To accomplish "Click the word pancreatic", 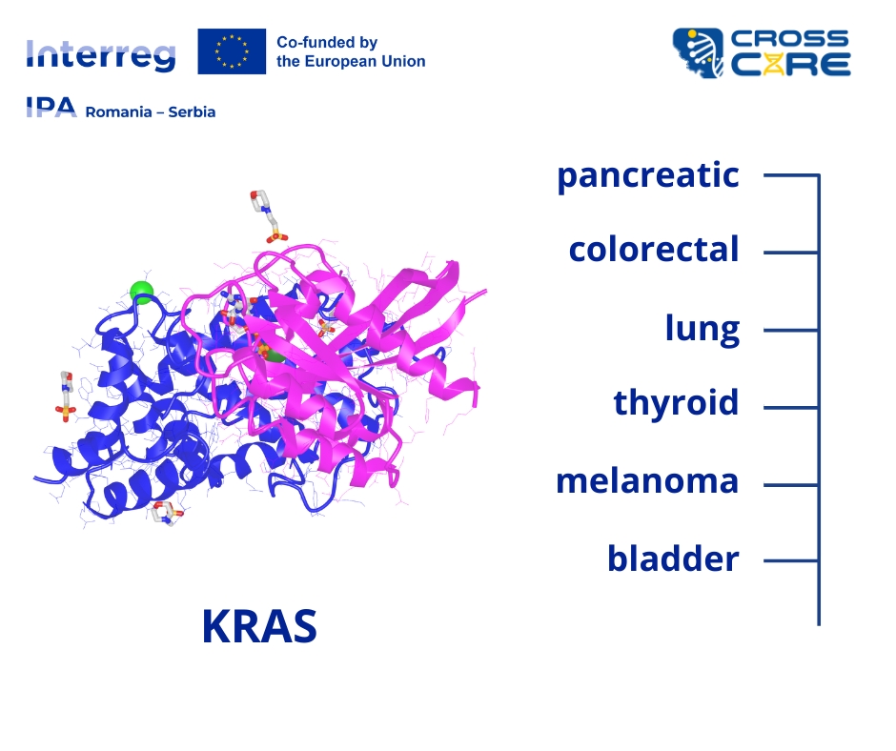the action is (x=648, y=176).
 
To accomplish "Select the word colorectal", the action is (x=654, y=250).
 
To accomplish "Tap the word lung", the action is (x=703, y=330).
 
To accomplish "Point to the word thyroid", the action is (x=676, y=403).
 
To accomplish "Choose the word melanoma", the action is (x=647, y=481).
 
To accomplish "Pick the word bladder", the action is (x=673, y=558).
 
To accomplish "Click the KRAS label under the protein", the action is (x=259, y=626).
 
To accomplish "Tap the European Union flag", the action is (x=232, y=51).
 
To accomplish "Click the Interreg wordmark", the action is (x=101, y=56).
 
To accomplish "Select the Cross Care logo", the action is (x=762, y=52).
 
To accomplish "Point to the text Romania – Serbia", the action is (x=151, y=112).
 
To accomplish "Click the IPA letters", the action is (x=51, y=107).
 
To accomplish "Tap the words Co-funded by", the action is (x=327, y=43).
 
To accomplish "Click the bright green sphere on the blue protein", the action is (x=142, y=292).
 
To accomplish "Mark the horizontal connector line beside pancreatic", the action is (x=791, y=175).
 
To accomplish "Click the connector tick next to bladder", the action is (x=791, y=560).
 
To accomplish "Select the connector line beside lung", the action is (x=791, y=330).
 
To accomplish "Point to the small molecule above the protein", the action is (x=268, y=216).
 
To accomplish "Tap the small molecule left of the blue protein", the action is (x=67, y=396).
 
